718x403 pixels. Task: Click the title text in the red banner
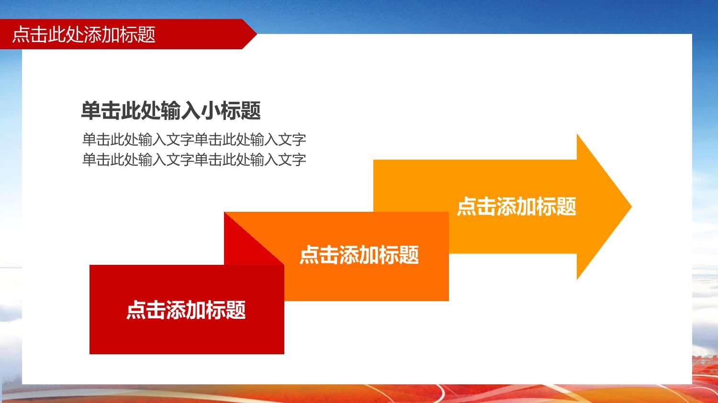click(x=84, y=34)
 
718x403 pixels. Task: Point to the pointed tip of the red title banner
click(x=257, y=33)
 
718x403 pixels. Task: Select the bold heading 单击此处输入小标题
click(x=171, y=111)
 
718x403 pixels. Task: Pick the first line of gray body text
click(x=194, y=140)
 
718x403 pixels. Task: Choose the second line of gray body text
click(x=194, y=160)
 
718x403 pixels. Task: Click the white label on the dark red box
click(x=186, y=309)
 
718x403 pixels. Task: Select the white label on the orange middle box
click(x=359, y=255)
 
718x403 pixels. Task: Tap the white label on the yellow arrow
click(x=516, y=207)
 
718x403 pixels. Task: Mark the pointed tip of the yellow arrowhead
click(x=631, y=207)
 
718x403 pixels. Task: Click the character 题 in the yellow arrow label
click(x=566, y=207)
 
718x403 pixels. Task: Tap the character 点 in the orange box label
click(x=309, y=255)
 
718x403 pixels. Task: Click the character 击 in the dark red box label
click(x=156, y=309)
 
